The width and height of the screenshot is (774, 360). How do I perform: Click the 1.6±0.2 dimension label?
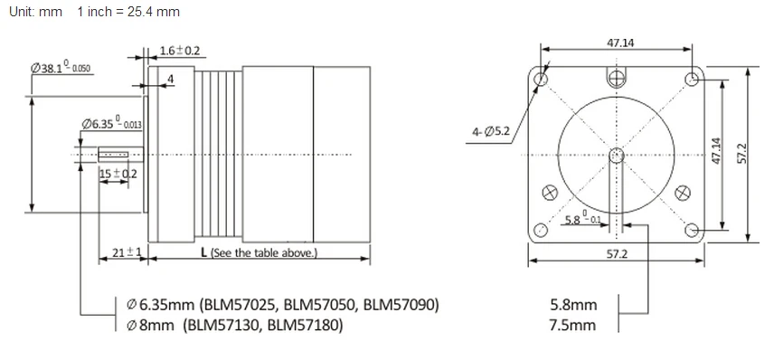[x=180, y=51]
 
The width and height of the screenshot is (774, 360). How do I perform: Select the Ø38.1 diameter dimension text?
[x=61, y=68]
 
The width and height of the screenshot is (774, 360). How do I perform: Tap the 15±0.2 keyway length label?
[x=118, y=174]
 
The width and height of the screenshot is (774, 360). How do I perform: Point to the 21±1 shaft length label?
[x=127, y=252]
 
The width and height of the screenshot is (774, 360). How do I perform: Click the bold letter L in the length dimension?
[x=203, y=252]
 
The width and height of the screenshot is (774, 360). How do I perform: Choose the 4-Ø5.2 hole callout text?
[x=491, y=132]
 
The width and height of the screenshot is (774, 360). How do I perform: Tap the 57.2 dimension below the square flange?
[x=617, y=254]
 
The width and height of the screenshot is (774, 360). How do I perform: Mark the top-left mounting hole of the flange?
[x=542, y=79]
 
